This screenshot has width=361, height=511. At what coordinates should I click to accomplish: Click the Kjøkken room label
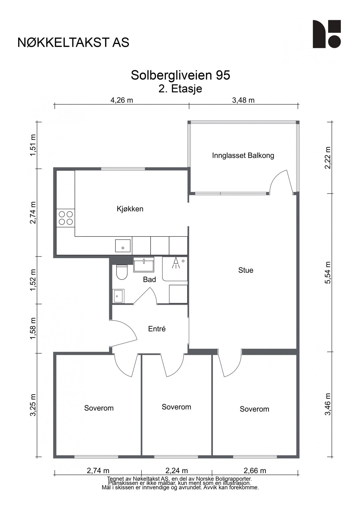[130, 209]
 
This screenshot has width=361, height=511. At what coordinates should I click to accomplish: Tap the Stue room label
[246, 270]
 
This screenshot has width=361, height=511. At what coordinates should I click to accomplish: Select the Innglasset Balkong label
[243, 156]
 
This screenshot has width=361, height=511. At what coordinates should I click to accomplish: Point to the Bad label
[149, 280]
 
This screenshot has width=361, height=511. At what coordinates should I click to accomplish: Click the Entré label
[157, 329]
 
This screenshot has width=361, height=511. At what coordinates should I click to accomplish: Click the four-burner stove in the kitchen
[66, 218]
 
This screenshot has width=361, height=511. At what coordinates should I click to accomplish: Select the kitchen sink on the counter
[123, 246]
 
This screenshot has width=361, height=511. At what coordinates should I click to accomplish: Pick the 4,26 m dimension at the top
[122, 100]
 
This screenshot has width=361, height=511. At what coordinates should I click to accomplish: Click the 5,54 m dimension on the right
[328, 273]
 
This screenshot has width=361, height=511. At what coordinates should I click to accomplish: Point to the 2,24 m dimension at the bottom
[176, 471]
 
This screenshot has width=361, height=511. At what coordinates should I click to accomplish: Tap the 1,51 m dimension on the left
[33, 145]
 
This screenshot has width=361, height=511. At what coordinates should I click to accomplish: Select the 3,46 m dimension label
[328, 404]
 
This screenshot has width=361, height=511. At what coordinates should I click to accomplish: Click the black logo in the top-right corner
[327, 34]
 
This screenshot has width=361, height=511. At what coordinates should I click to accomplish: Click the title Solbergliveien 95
[180, 75]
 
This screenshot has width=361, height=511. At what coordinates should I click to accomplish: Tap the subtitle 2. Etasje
[180, 89]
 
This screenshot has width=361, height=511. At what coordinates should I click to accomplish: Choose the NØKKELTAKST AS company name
[73, 42]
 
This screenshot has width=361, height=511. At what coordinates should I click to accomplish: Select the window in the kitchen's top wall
[123, 169]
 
